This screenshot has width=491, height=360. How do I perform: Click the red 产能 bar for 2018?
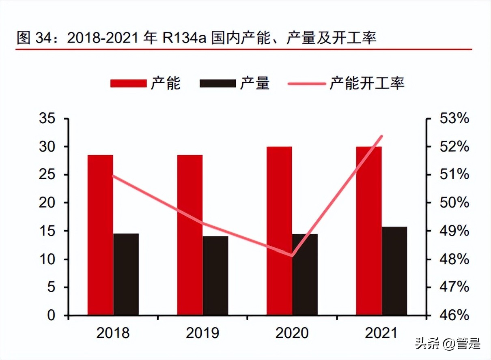pos(100,235)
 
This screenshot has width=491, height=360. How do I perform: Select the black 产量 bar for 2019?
pos(215,276)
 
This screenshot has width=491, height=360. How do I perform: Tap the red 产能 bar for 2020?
pos(279,231)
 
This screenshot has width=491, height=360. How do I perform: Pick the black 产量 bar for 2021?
pos(394,271)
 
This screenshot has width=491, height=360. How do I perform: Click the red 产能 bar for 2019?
pos(190,235)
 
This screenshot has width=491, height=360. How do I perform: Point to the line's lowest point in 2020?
pos(292,255)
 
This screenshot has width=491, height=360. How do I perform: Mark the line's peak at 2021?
pos(381,136)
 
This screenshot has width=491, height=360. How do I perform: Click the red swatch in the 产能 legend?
pos(128,83)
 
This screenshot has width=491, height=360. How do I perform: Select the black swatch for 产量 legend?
pos(218,83)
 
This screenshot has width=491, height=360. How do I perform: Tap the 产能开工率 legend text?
pos(367,83)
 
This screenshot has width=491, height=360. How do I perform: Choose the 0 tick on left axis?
pos(51,315)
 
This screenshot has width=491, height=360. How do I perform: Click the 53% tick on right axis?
pos(454,119)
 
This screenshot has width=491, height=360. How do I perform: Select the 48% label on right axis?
pos(454,259)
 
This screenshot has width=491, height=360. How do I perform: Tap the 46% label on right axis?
pos(454,315)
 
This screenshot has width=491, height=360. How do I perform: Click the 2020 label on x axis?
pos(292,333)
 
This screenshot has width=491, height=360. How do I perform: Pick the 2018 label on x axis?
pos(113,333)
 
